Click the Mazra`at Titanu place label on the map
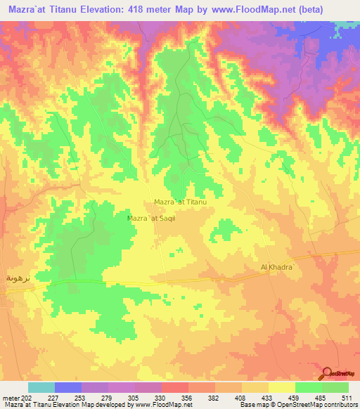click(179, 202)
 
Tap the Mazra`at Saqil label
click(150, 219)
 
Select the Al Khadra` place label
click(281, 268)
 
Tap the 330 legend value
click(161, 397)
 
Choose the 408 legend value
click(241, 397)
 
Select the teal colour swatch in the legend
click(41, 387)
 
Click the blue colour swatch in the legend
click(68, 387)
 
